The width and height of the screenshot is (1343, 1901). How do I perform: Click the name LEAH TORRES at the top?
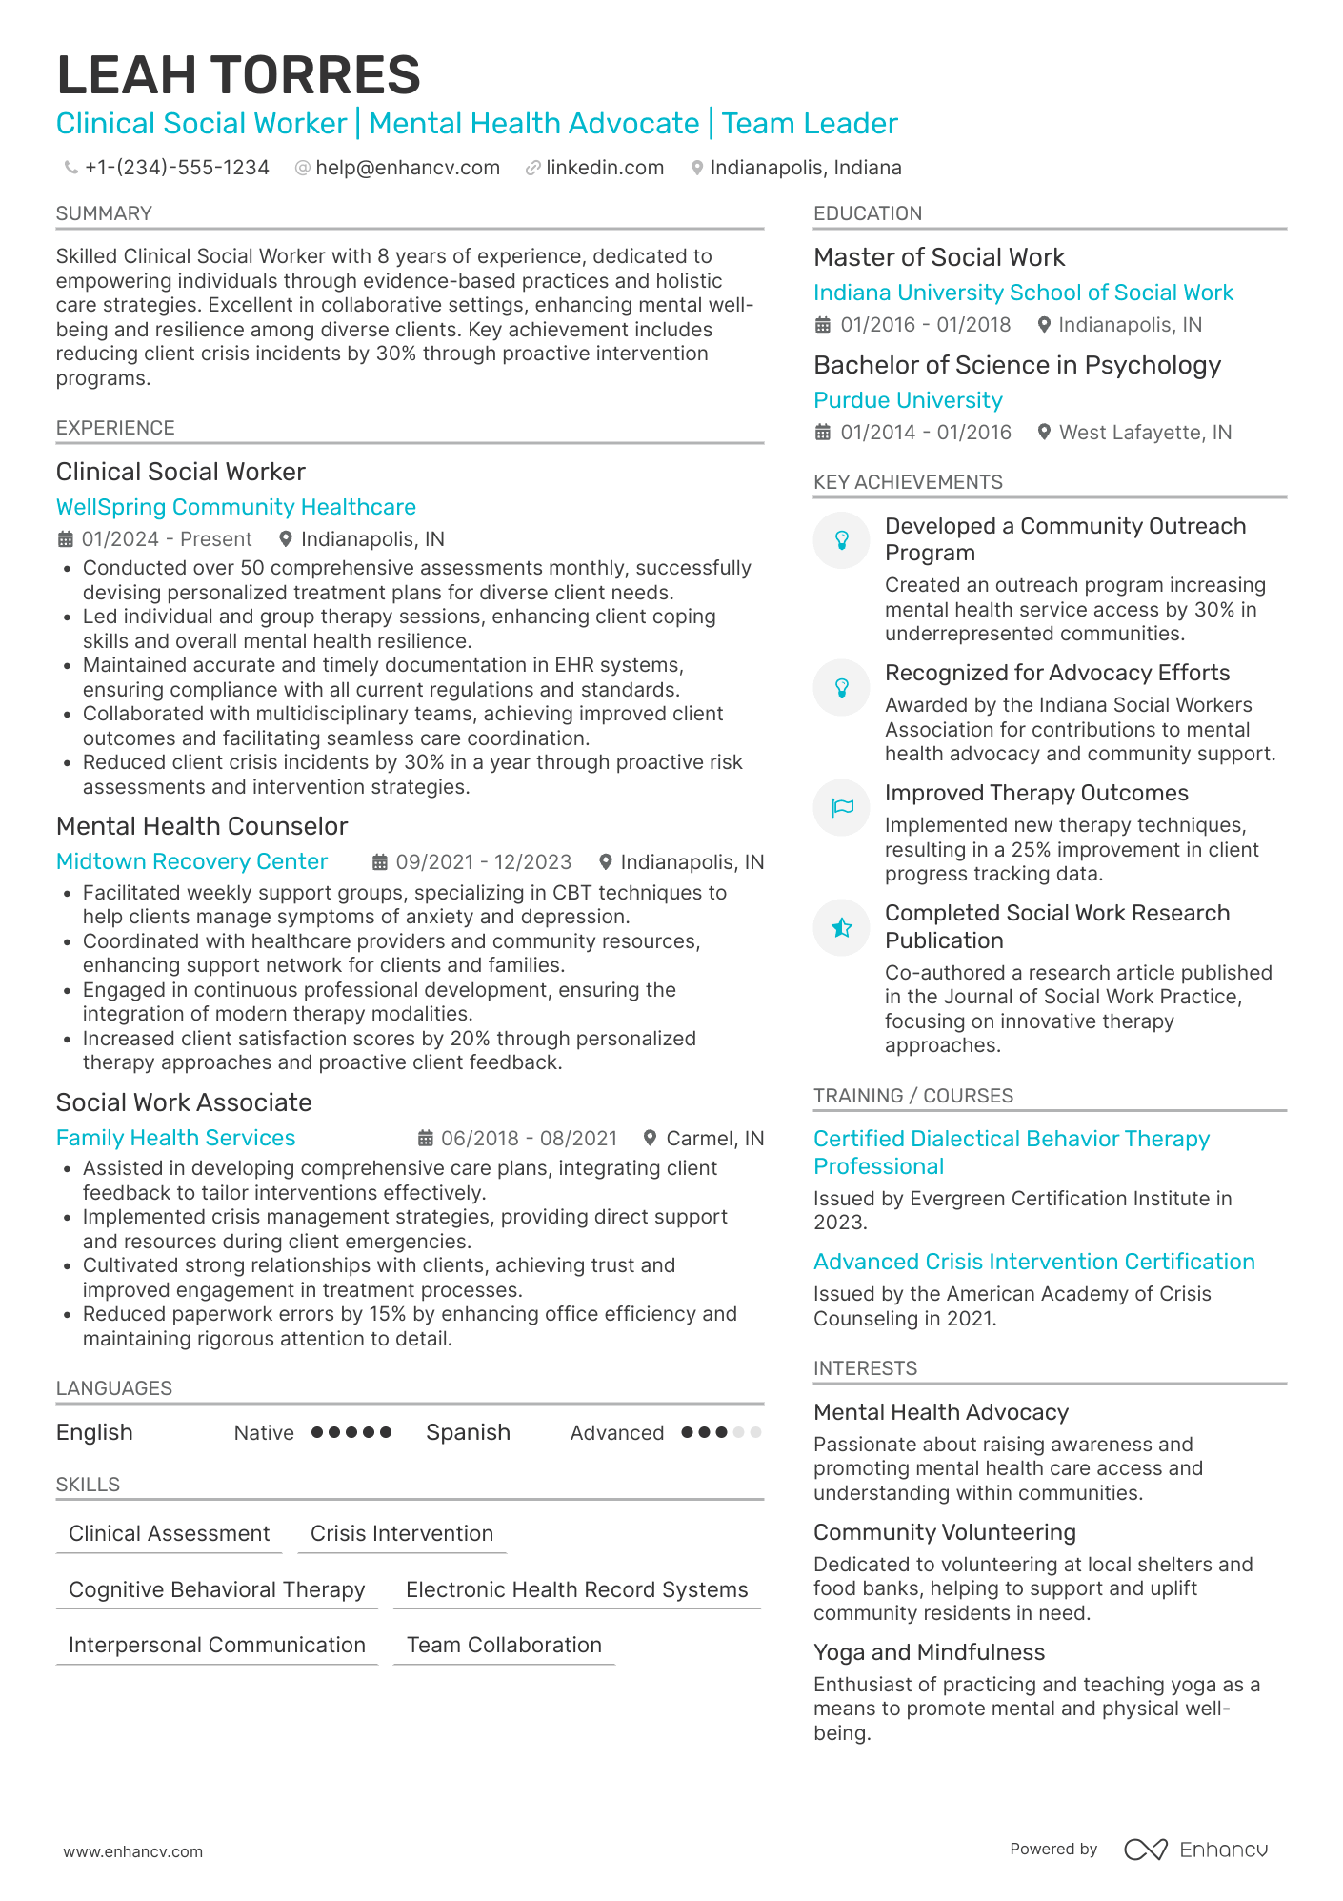pos(238,75)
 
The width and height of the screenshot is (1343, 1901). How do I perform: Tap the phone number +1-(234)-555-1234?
pos(176,168)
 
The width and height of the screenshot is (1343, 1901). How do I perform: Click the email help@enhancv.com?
pos(407,168)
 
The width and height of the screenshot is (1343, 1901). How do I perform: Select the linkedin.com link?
pos(604,168)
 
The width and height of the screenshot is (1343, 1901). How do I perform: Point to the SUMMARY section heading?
pos(104,213)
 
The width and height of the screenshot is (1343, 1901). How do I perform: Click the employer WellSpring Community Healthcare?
pos(235,507)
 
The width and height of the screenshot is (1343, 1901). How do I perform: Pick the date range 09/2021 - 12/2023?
pos(483,862)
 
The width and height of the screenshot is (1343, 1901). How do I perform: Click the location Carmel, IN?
pos(714,1139)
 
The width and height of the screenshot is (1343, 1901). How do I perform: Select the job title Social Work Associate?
pos(184,1102)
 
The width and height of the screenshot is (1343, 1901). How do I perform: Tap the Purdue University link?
pos(908,400)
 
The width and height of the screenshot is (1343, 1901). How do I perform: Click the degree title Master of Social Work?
pos(939,257)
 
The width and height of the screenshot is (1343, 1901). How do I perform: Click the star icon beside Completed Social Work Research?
pos(841,927)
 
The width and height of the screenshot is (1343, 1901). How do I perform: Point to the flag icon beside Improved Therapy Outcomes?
pos(841,807)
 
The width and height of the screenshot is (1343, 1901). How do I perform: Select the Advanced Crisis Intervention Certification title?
pos(1033,1262)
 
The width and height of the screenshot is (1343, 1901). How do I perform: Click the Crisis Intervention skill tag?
pos(401,1533)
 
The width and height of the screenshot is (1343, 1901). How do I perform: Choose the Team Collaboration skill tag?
pos(504,1645)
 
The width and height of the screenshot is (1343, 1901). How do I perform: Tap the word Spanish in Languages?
pos(468,1432)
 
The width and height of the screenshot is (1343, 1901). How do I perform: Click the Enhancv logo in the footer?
pos(1196,1850)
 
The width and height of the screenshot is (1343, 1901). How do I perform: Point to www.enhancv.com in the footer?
pos(132,1851)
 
